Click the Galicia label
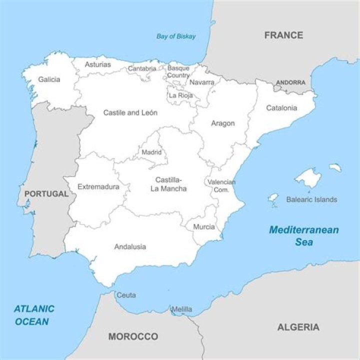pyautogui.click(x=49, y=79)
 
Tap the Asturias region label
pyautogui.click(x=97, y=64)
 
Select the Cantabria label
pyautogui.click(x=142, y=68)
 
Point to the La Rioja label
pyautogui.click(x=180, y=95)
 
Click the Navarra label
pyautogui.click(x=202, y=82)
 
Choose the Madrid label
pyautogui.click(x=151, y=152)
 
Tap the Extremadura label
pyautogui.click(x=98, y=187)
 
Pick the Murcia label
pyautogui.click(x=204, y=227)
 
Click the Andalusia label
pyautogui.click(x=130, y=246)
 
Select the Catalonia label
pyautogui.click(x=281, y=107)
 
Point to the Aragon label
pyautogui.click(x=222, y=123)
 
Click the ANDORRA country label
pyautogui.click(x=290, y=82)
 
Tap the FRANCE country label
pyautogui.click(x=283, y=35)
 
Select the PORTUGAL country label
pyautogui.click(x=46, y=193)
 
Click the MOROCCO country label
pyautogui.click(x=133, y=336)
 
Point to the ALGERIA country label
pyautogui.click(x=298, y=327)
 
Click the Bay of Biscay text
pyautogui.click(x=176, y=36)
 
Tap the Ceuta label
pyautogui.click(x=126, y=295)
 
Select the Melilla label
pyautogui.click(x=181, y=309)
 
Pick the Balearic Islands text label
pyautogui.click(x=311, y=199)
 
